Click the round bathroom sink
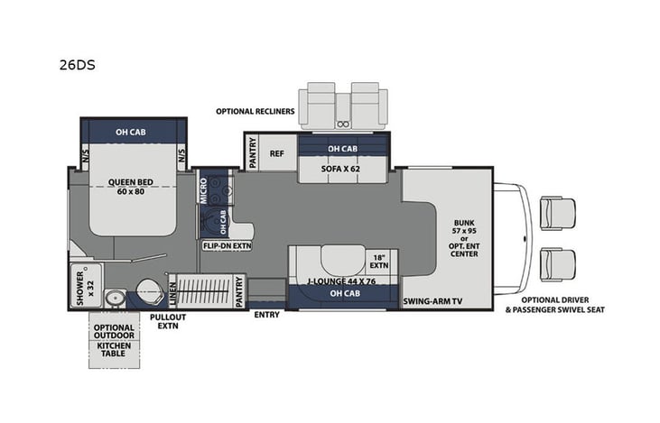point(113,299)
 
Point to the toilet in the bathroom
point(143,293)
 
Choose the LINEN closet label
point(172,294)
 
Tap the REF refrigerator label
point(277,153)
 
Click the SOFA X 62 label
point(340,168)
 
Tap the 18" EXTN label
point(378,262)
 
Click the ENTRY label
point(267,315)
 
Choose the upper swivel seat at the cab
point(551,215)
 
